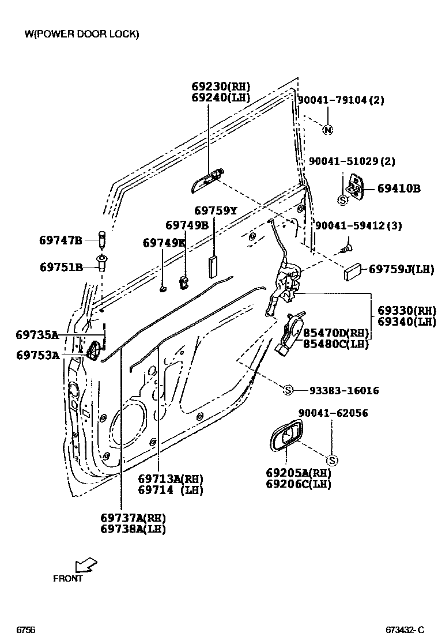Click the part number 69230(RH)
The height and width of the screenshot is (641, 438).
[x=221, y=86]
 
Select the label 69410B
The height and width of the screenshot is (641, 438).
[x=399, y=188]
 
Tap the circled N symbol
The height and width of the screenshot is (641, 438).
[x=327, y=130]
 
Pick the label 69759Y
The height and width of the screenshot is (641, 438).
[x=215, y=211]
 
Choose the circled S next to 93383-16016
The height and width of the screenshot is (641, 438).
[x=289, y=391]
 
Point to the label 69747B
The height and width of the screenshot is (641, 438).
[x=61, y=240]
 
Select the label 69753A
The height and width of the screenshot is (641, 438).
[x=37, y=355]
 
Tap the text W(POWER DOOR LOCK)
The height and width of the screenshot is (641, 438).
[x=81, y=34]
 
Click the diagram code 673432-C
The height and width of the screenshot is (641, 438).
[x=405, y=630]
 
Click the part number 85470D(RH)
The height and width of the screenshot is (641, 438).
[x=335, y=333]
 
